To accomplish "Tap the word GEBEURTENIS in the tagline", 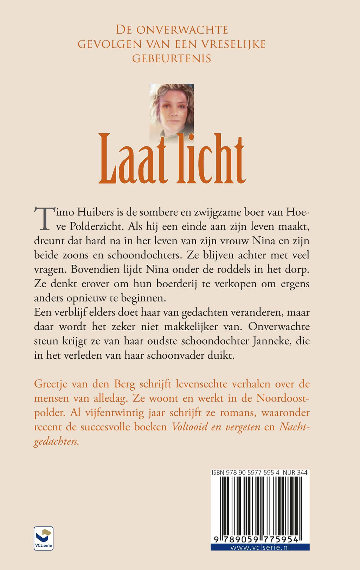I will click(x=172, y=59).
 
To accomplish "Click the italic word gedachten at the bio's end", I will click(x=56, y=441).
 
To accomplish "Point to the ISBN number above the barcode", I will click(x=245, y=473).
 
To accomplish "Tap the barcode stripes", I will click(x=260, y=506).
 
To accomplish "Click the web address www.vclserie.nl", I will click(x=260, y=547).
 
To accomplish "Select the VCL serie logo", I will click(x=43, y=538).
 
